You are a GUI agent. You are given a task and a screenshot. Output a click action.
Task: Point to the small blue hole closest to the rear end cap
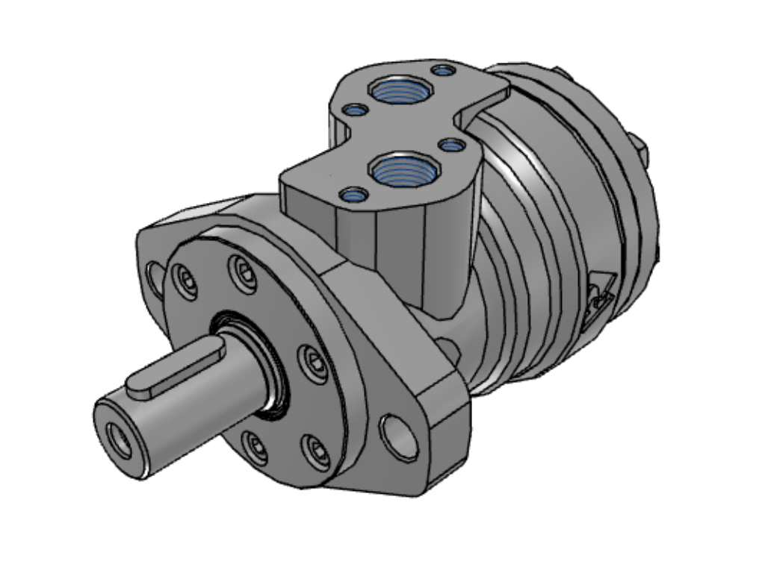(x=445, y=71)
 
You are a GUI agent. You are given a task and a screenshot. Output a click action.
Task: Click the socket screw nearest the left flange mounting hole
(x=184, y=283)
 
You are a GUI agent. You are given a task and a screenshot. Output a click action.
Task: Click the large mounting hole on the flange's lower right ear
(x=400, y=437)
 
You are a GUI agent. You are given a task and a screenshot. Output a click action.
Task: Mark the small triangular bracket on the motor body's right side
(x=601, y=295)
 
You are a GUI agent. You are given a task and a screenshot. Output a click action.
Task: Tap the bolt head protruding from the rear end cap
(x=639, y=148)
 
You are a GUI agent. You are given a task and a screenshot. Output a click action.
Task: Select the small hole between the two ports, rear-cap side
(x=451, y=145)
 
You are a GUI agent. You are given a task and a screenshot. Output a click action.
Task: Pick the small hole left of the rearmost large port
(x=355, y=111)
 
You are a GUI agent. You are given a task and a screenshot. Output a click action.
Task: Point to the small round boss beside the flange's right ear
(x=448, y=348)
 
